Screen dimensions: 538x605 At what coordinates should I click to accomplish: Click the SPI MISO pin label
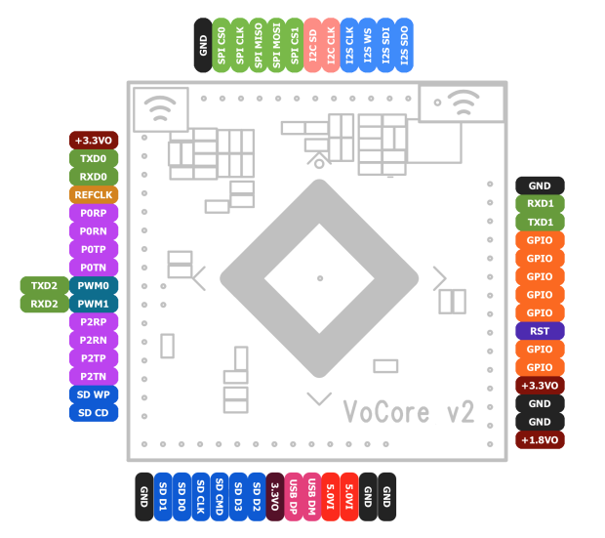[259, 45]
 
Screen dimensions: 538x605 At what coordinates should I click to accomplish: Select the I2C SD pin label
[313, 45]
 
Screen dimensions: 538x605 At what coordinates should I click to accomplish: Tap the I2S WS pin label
[368, 45]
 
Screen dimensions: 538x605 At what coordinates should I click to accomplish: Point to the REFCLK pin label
[94, 194]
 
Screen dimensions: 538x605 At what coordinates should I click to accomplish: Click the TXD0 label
[94, 158]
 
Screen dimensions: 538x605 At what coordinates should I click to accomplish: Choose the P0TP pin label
[94, 249]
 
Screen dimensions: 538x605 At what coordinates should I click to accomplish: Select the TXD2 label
[44, 285]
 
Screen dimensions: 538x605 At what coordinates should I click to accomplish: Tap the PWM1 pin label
[94, 304]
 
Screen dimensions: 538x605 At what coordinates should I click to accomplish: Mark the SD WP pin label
[94, 394]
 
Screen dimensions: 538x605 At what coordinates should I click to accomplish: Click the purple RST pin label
[540, 331]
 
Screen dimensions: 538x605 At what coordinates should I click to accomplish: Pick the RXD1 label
[540, 204]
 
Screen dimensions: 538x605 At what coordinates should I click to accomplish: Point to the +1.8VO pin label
[540, 440]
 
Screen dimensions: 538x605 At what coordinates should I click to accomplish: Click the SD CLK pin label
[200, 497]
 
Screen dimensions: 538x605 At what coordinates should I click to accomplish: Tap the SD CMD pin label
[220, 497]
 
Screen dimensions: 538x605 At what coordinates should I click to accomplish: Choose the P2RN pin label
[94, 340]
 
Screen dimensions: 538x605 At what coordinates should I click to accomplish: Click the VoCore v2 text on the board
[409, 412]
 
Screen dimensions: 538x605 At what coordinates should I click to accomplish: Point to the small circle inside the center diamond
[319, 277]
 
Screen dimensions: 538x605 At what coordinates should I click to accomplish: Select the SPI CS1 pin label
[295, 45]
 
